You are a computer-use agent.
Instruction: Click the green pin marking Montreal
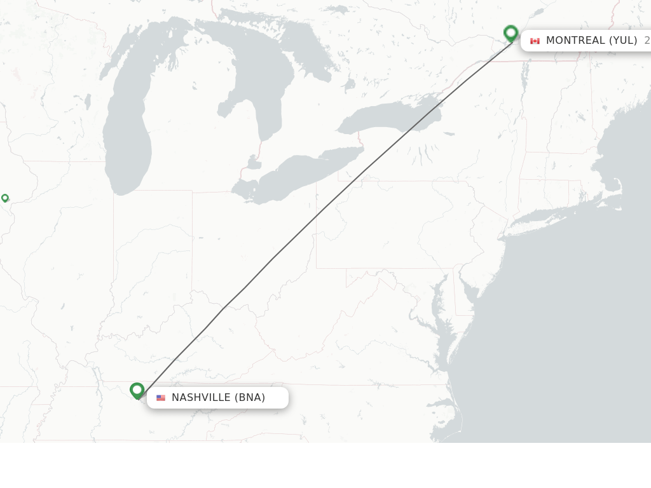click(511, 33)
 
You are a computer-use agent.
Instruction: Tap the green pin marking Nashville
click(137, 390)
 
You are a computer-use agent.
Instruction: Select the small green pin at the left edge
click(5, 198)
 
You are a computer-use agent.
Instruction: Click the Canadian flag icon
click(535, 41)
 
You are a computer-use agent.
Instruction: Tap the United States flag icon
click(161, 398)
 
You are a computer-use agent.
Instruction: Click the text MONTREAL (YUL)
click(591, 41)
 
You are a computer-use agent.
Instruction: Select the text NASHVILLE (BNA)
click(218, 398)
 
